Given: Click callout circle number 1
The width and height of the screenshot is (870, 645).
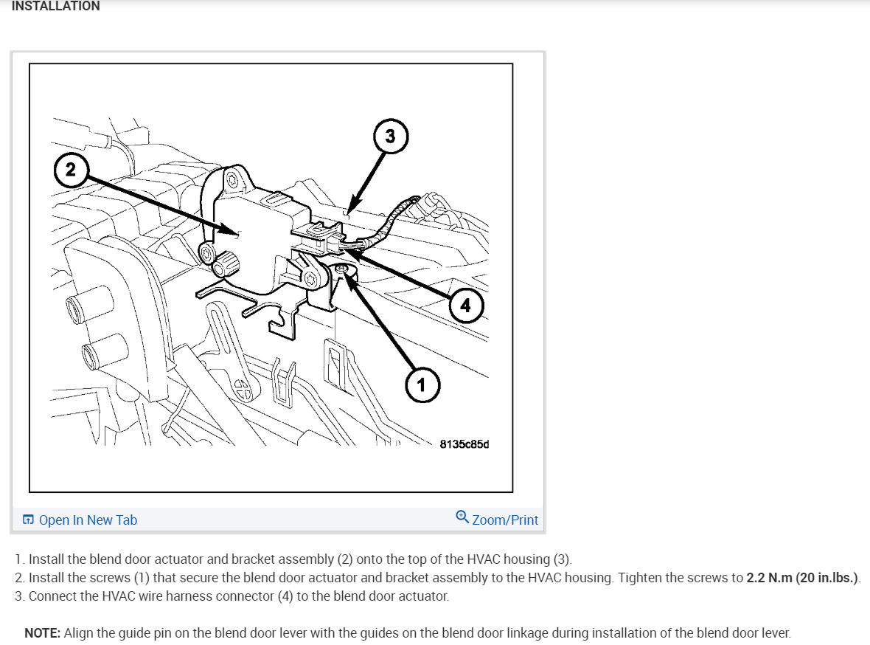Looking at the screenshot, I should tap(421, 384).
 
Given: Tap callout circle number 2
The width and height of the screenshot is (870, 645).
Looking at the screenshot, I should tap(70, 170).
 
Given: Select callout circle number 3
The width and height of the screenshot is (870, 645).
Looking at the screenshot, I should tap(390, 137).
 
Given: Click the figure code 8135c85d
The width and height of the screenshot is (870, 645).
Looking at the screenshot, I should tap(464, 444).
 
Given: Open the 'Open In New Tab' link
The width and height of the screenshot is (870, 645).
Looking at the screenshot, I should tap(88, 520).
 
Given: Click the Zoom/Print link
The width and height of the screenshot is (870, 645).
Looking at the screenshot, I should tap(505, 520).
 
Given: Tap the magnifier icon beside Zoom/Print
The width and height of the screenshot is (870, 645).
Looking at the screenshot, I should tap(462, 517).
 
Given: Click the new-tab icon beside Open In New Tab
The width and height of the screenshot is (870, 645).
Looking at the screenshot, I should tap(28, 520).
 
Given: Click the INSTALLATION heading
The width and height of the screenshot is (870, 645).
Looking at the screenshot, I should tap(56, 6).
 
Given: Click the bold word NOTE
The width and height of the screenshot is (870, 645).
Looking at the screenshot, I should tap(42, 633).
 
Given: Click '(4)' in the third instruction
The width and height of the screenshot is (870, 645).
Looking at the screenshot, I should tap(286, 596).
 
